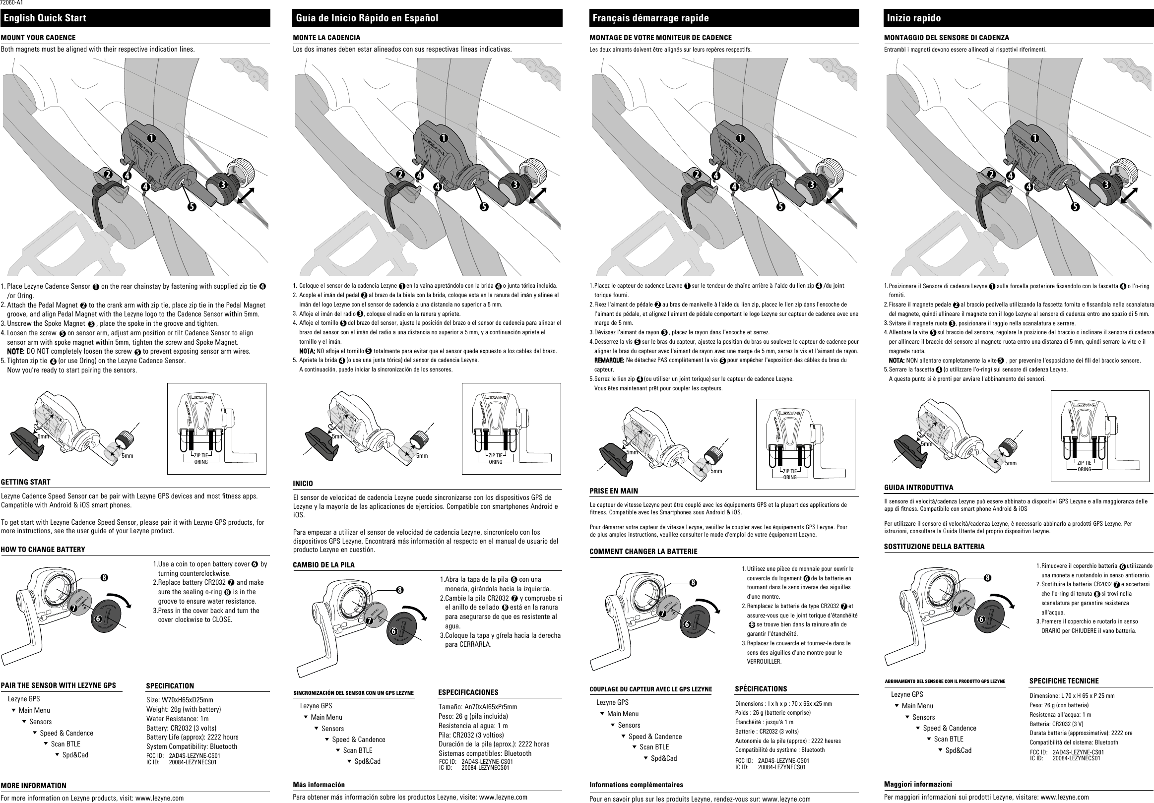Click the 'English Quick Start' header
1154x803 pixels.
[x=45, y=18]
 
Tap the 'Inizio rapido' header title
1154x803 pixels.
[x=913, y=18]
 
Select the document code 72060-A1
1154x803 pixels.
[x=11, y=2]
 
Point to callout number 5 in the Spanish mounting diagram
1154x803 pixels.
[x=484, y=206]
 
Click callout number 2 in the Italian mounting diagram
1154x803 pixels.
[x=991, y=175]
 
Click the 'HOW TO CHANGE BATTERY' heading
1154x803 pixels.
[x=43, y=549]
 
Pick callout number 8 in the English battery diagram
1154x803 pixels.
[x=104, y=577]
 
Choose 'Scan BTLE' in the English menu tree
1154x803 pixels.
[x=65, y=743]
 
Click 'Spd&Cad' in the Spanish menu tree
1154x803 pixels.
[x=368, y=761]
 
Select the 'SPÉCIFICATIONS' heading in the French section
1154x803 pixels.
[x=761, y=688]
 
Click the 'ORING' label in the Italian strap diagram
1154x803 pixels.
[x=1085, y=469]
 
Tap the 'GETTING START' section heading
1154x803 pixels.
[x=26, y=482]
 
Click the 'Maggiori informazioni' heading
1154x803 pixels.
[x=918, y=784]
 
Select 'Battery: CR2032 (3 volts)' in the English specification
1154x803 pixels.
[x=182, y=728]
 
